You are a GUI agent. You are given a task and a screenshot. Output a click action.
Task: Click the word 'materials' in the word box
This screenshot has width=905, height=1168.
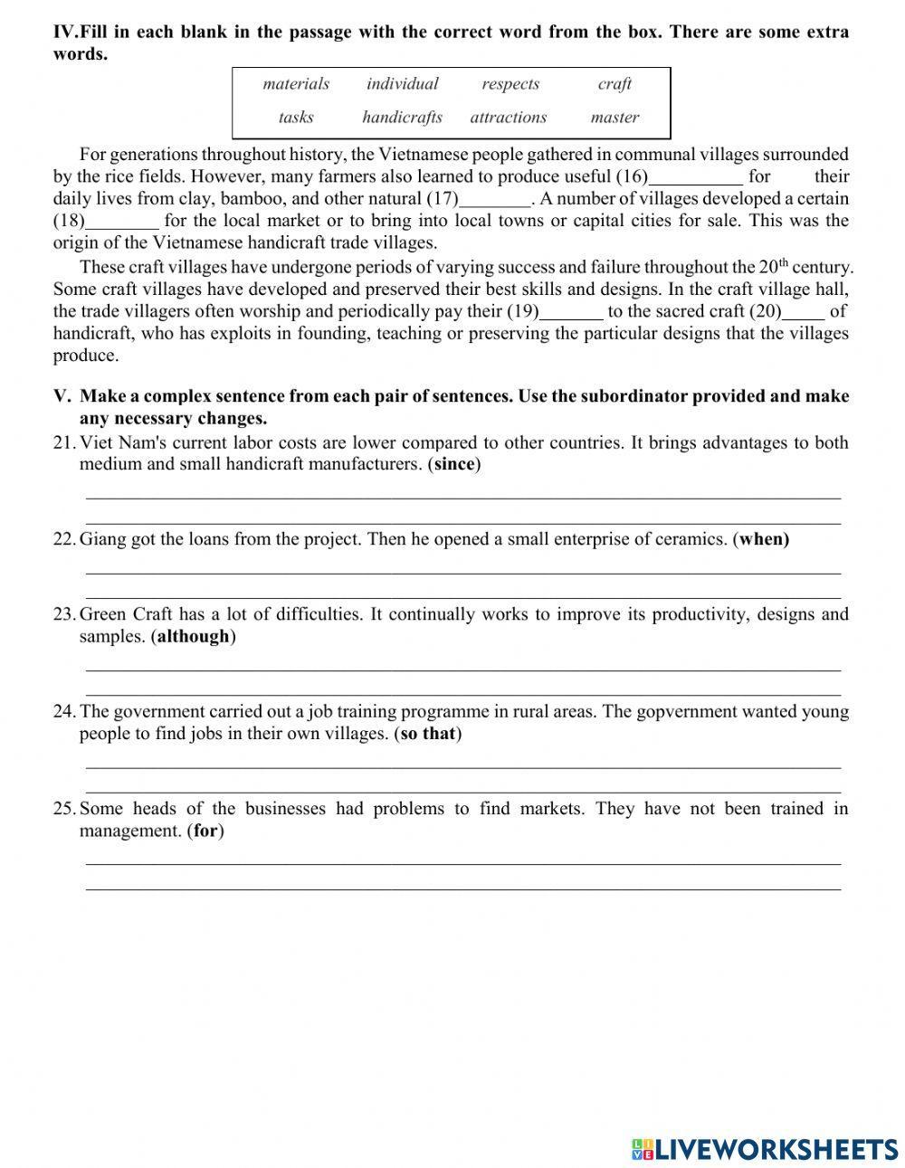(x=296, y=84)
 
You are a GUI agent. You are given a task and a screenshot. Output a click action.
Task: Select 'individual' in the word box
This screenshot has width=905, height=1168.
(x=402, y=84)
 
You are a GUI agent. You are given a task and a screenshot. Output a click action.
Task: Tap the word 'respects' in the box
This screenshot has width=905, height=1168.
(x=510, y=84)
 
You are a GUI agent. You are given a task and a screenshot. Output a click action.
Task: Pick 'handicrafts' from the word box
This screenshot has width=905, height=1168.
(x=402, y=118)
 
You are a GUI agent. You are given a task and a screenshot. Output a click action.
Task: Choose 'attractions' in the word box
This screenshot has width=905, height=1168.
(x=508, y=118)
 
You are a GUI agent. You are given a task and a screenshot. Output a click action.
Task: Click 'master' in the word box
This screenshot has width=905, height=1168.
(x=614, y=118)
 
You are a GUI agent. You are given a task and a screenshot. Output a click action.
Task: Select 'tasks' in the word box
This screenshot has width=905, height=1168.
(x=296, y=118)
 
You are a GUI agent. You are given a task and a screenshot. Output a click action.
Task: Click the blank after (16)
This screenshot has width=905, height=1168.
(x=696, y=177)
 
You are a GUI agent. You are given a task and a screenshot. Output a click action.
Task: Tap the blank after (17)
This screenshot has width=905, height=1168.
(x=495, y=199)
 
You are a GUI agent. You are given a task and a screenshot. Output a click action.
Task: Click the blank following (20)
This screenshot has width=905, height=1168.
(x=803, y=312)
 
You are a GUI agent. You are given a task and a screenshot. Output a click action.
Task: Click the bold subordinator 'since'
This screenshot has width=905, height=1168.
(x=454, y=465)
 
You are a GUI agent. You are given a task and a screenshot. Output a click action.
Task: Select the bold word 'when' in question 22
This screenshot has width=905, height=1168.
(x=764, y=539)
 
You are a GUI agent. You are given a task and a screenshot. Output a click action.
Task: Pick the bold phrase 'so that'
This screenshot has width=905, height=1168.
(x=427, y=734)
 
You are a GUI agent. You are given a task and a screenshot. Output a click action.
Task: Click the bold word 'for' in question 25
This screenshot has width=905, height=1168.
(x=205, y=831)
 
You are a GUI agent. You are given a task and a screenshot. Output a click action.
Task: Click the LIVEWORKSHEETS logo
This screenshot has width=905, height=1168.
(x=765, y=1148)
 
